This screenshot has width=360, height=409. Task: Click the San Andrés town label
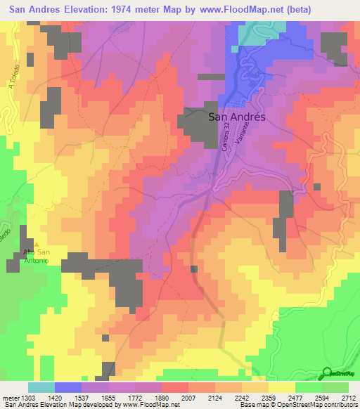(238, 117)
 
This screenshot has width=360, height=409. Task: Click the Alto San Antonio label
(36, 257)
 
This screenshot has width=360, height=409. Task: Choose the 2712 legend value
(348, 397)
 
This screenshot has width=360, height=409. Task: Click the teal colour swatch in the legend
(41, 387)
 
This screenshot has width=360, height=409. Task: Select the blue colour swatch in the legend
(67, 387)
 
